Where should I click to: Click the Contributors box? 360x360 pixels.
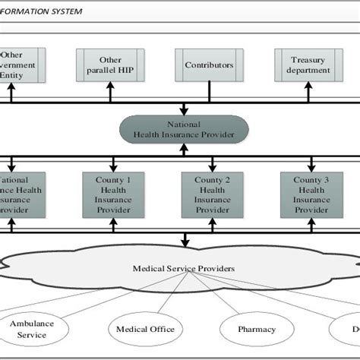pos(209,65)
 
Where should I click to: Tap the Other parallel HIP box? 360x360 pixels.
pos(110,65)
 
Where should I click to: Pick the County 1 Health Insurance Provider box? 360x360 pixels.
pos(112,194)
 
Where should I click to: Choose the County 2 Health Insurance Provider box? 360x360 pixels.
pos(212,194)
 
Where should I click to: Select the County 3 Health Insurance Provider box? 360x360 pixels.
pos(311,194)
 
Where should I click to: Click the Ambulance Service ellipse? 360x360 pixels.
pos(32,329)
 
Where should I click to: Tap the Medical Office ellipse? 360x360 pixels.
pos(145,329)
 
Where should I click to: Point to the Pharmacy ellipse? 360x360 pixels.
pos(257,329)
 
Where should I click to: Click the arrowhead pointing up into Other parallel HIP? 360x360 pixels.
pos(110,88)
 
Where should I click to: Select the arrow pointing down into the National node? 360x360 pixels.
pos(184,110)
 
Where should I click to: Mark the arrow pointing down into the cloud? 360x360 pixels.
pos(184,242)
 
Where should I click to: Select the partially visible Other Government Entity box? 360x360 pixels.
pos(22,65)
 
